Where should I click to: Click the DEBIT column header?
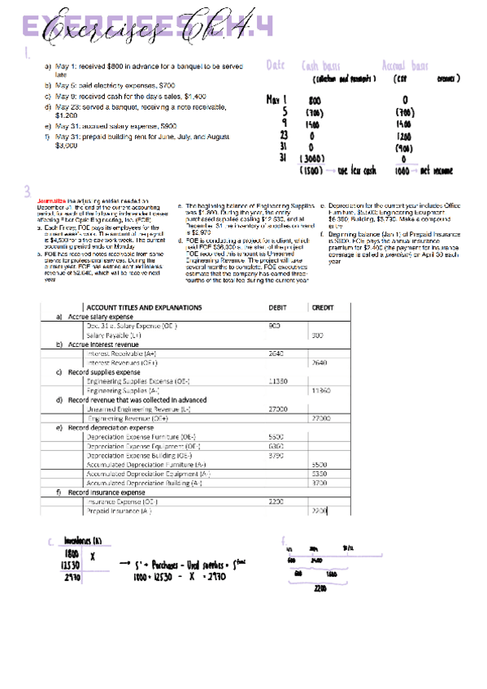coord(279,331)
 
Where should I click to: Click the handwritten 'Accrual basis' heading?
coord(407,66)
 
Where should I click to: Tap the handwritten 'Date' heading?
coord(275,66)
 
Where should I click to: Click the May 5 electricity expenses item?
coord(109,84)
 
